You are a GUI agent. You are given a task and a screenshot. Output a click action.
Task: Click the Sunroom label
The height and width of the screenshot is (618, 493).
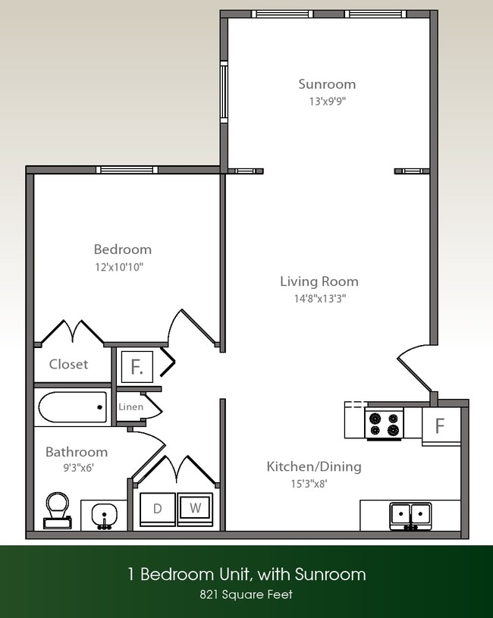coord(326,84)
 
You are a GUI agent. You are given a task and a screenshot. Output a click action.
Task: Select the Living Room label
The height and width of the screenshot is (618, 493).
coord(319,281)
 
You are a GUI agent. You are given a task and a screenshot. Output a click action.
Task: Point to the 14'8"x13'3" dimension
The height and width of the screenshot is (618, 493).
coord(319,298)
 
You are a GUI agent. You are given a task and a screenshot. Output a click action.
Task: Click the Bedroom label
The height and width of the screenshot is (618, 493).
coord(122,249)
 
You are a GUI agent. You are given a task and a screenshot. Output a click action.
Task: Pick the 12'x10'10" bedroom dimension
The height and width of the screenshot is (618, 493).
coord(119,266)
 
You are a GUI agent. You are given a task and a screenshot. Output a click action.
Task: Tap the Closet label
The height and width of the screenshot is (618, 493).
coord(68,364)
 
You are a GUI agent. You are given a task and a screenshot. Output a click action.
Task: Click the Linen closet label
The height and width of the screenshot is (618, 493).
coord(130,407)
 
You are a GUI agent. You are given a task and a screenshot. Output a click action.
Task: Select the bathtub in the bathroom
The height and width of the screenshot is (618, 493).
coord(71,407)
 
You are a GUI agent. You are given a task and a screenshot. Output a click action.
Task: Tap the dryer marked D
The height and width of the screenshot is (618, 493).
coord(158,509)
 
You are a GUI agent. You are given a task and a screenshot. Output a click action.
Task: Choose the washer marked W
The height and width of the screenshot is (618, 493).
coord(195,509)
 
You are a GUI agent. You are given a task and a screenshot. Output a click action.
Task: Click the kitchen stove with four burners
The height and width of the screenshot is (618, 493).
coord(384,423)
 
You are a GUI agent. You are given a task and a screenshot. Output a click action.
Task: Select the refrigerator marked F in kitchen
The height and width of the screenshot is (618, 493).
coord(440,425)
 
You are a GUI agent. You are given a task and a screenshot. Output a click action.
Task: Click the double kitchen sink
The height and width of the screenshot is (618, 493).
coord(410,516)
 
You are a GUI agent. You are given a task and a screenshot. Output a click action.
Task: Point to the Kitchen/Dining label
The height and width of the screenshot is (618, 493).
coord(313,466)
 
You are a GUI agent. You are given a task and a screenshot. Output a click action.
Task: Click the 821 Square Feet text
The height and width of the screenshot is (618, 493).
coord(246,594)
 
